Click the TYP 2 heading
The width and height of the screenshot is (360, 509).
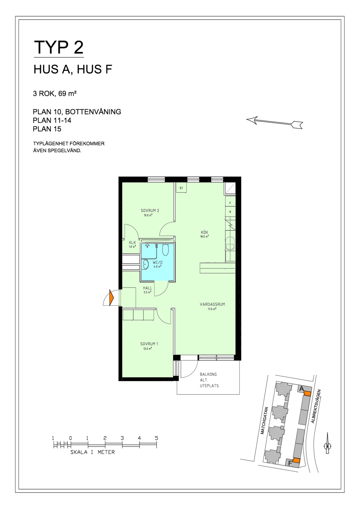pos(58,47)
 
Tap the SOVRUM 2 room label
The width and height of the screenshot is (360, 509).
pos(150,211)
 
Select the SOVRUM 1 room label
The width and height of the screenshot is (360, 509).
pos(149,344)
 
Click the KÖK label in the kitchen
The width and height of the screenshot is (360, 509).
pos(204,232)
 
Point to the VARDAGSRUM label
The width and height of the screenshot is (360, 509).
pos(212,304)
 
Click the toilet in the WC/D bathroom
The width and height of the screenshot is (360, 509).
pos(165,250)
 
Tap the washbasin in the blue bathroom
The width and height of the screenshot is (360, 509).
pos(145,265)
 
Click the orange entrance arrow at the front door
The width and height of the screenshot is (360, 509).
pos(111,298)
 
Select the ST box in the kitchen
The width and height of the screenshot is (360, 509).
pos(181,188)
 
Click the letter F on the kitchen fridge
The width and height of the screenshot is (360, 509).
pos(230,203)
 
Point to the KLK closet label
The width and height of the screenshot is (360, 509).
pos(132,243)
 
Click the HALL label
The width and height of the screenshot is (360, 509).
pos(148,288)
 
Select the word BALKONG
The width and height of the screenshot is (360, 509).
pos(208,374)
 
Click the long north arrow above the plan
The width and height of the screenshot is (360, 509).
pos(274,122)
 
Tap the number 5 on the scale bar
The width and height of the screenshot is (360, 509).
pos(156,438)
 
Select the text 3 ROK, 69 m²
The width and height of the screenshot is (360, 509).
pos(55,94)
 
